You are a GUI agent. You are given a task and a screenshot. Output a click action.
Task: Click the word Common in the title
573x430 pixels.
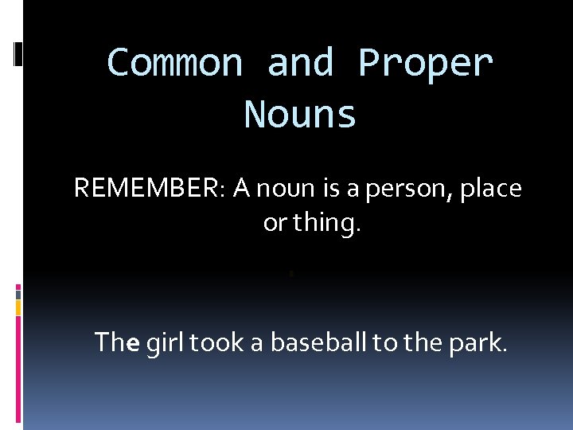174,62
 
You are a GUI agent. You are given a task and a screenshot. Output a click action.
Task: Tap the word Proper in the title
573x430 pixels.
426,62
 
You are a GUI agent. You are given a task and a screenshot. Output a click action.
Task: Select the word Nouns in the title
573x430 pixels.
300,114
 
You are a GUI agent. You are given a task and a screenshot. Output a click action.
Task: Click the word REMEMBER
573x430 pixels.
149,189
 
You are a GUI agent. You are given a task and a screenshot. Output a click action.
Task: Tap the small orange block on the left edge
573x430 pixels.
18,307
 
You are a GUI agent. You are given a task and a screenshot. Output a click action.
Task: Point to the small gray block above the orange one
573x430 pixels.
18,292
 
